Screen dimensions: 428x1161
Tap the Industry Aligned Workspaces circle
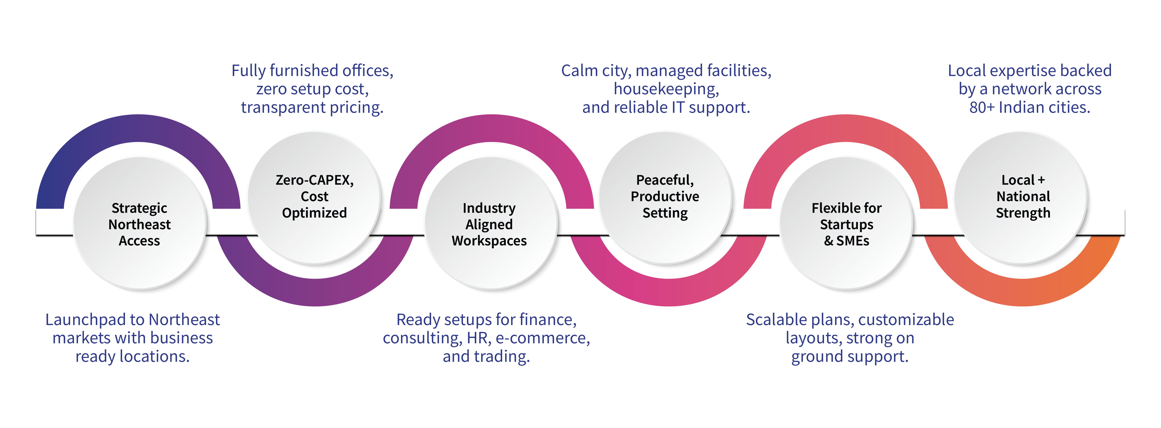(x=489, y=224)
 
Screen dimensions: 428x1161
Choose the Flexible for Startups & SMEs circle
(x=846, y=224)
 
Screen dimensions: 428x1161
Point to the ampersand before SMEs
(x=828, y=241)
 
